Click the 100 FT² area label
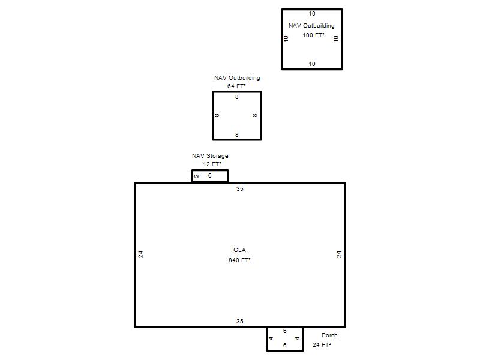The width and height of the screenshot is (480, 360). pyautogui.click(x=313, y=35)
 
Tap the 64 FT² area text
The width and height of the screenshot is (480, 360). pyautogui.click(x=236, y=86)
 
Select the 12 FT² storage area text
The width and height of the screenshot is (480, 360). pyautogui.click(x=212, y=164)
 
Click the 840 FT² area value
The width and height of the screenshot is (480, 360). pyautogui.click(x=239, y=260)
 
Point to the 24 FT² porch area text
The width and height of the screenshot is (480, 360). pyautogui.click(x=322, y=345)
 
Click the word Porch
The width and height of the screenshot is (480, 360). pyautogui.click(x=329, y=335)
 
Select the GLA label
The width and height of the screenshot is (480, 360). pyautogui.click(x=239, y=250)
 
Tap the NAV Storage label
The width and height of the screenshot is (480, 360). pyautogui.click(x=210, y=156)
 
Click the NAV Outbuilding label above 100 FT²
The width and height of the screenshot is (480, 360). pyautogui.click(x=311, y=26)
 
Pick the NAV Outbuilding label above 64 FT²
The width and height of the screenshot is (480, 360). pyautogui.click(x=237, y=78)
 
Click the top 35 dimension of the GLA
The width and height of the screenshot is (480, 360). pyautogui.click(x=239, y=189)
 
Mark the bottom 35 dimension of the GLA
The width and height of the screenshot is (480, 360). pyautogui.click(x=239, y=322)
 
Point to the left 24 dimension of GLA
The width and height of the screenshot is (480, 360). pyautogui.click(x=140, y=254)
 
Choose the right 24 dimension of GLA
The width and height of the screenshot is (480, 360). pyautogui.click(x=339, y=254)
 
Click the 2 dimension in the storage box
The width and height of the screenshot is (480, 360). pyautogui.click(x=197, y=176)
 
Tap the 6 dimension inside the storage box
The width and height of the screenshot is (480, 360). pyautogui.click(x=209, y=176)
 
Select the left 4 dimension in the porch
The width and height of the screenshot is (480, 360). pyautogui.click(x=271, y=338)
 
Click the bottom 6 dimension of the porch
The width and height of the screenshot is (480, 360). pyautogui.click(x=284, y=346)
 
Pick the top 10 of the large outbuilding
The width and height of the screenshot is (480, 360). pyautogui.click(x=312, y=14)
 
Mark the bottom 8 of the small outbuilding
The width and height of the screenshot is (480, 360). pyautogui.click(x=236, y=135)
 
